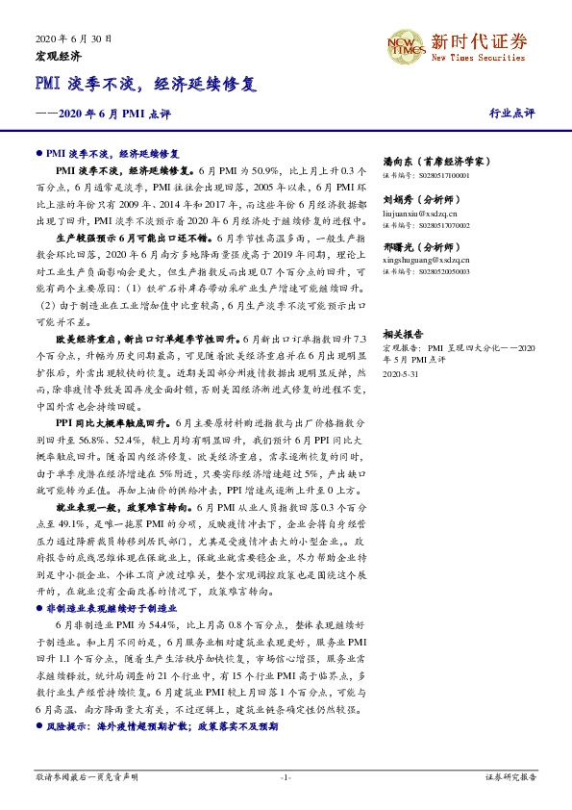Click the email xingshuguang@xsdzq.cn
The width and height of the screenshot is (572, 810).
(x=425, y=259)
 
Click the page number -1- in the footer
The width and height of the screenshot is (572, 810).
(x=285, y=775)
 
